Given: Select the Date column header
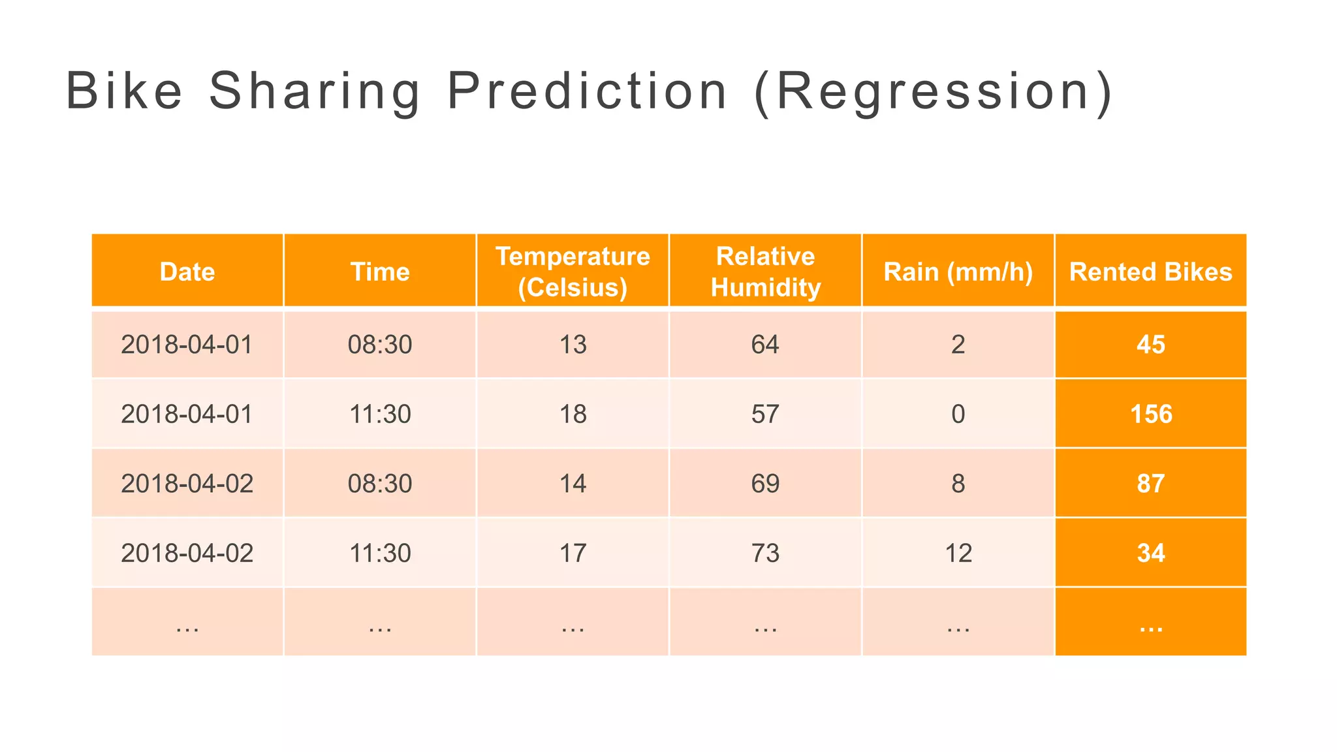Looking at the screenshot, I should [x=187, y=272].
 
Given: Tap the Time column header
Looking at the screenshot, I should [x=380, y=272].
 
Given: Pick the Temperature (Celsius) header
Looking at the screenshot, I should [x=573, y=272].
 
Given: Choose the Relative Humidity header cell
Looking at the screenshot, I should [x=765, y=272].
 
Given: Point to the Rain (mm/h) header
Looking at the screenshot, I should [x=958, y=272].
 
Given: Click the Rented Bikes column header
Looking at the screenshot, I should [x=1150, y=272].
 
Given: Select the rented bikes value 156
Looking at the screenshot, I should [x=1151, y=414].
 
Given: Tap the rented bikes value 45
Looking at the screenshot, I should [x=1151, y=345].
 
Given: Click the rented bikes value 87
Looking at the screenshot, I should [x=1151, y=484].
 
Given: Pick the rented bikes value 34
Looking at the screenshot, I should [x=1151, y=553].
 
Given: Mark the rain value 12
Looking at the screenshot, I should [x=958, y=553].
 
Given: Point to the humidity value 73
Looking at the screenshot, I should [x=765, y=553].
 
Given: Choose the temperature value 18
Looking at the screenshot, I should [x=573, y=414].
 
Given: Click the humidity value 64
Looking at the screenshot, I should [x=765, y=345].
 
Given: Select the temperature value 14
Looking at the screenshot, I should [x=573, y=484].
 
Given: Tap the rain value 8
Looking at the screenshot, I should [x=958, y=484].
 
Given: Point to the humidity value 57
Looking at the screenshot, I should [x=765, y=414].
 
